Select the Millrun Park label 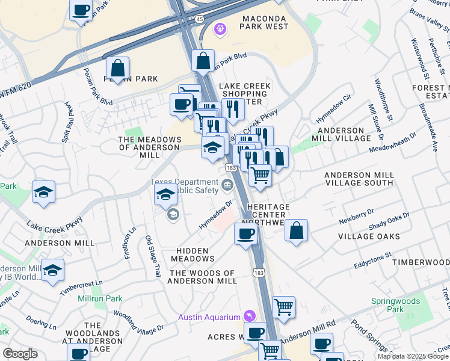[x=99, y=298]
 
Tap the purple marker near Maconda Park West [x=220, y=28]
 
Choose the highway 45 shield [x=200, y=19]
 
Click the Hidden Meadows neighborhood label [x=193, y=255]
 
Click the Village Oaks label [x=368, y=236]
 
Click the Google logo [x=20, y=354]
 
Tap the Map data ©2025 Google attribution [x=413, y=356]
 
